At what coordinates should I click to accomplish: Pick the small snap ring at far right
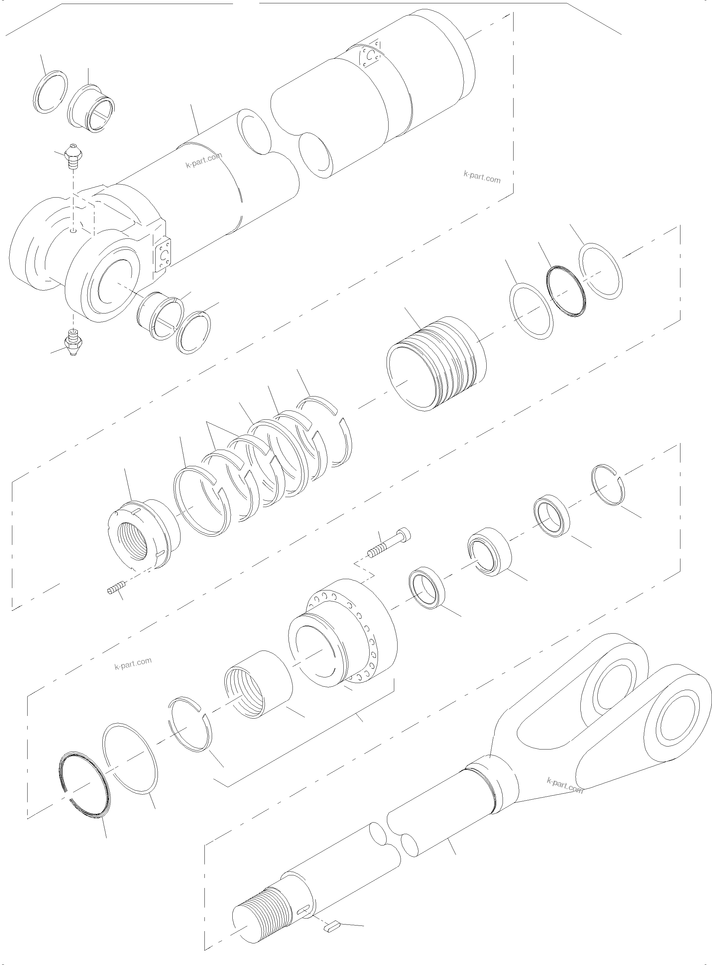608,484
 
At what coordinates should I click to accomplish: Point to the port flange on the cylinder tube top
369,54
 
